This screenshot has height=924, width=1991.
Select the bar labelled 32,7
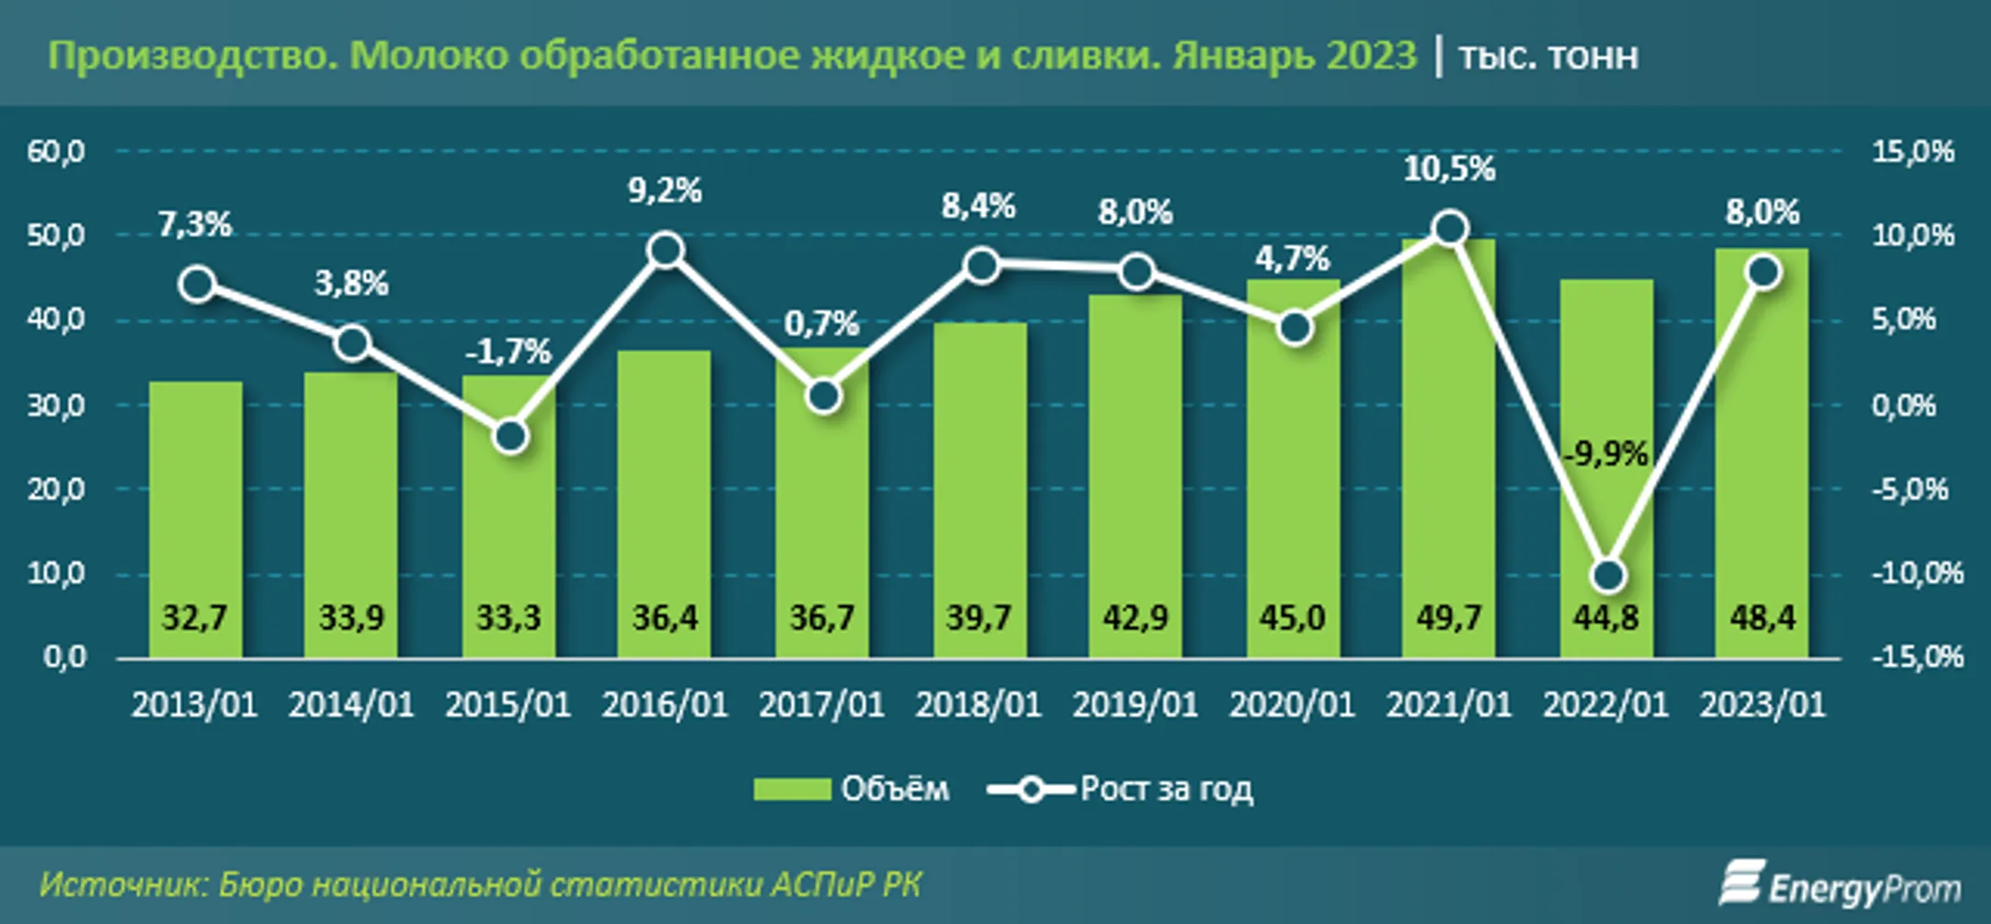195,516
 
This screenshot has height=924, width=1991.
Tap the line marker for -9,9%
1608,576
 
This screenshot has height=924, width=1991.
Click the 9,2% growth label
665,191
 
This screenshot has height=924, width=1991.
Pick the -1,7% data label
508,352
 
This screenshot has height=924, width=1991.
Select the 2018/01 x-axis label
978,705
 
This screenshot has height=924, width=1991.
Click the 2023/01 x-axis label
1762,705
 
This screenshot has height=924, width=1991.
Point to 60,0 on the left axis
56,151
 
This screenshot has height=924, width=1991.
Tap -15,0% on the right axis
1916,657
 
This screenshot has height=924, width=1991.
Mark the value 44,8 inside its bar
1606,617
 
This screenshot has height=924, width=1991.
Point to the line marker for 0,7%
824,397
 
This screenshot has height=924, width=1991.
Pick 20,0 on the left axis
56,489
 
